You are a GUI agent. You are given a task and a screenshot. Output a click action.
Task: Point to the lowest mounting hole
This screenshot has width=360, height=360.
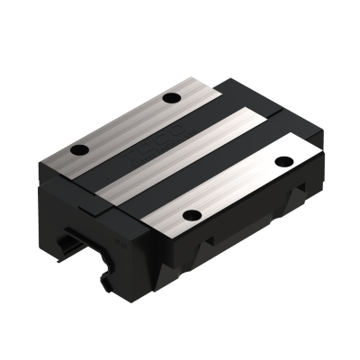coord(189,214)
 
